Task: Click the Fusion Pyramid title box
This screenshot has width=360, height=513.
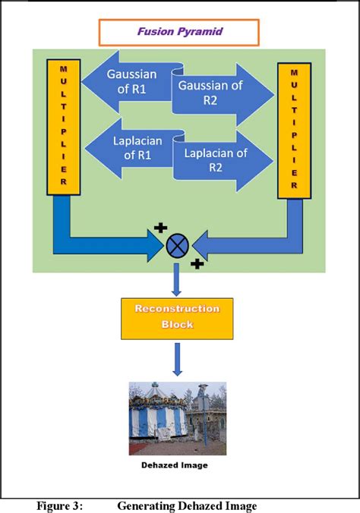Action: [x=178, y=33]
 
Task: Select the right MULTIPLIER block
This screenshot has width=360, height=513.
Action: [x=294, y=130]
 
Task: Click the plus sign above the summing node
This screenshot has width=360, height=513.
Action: [x=160, y=227]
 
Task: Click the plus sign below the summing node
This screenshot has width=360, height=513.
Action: [x=197, y=264]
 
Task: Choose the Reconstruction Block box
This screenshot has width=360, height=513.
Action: [x=176, y=317]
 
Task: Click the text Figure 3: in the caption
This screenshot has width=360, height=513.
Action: [x=60, y=505]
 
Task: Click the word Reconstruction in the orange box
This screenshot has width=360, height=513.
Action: [x=176, y=310]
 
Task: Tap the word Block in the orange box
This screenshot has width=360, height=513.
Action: [x=176, y=325]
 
